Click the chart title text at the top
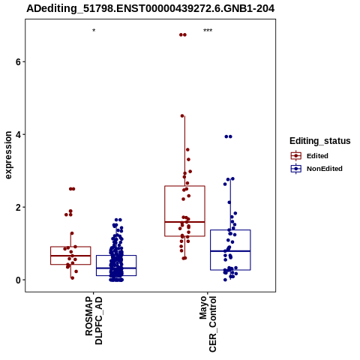coord(151,8)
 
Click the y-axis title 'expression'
coord(8,155)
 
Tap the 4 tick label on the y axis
coord(18,134)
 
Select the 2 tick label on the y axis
coord(18,207)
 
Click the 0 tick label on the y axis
coord(18,280)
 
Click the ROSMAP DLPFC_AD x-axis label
coord(94,320)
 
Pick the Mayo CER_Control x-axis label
coord(208,324)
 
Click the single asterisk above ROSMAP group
coord(94,31)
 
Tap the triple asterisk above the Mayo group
coord(208,31)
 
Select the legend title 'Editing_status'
coord(320,141)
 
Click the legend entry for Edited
coord(317,156)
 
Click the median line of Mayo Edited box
coord(184,222)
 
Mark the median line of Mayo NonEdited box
coord(230,250)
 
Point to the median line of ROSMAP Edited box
coord(70,256)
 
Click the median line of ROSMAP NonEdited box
coord(116,268)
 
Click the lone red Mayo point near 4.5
coord(182,115)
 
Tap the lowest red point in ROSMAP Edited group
coord(73,278)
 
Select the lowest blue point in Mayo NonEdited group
coord(225,280)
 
